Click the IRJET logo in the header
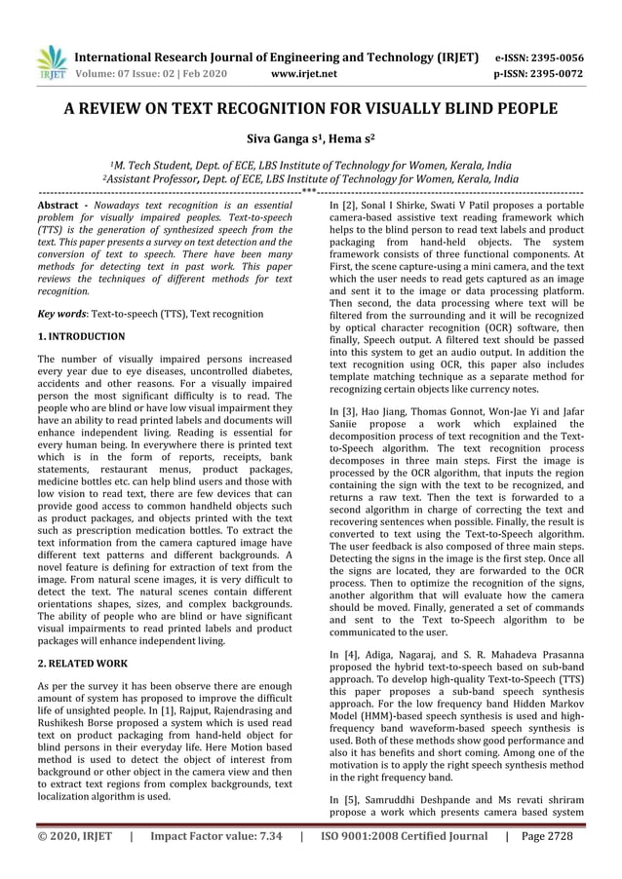50,62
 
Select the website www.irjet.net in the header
305,73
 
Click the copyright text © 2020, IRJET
74,836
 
